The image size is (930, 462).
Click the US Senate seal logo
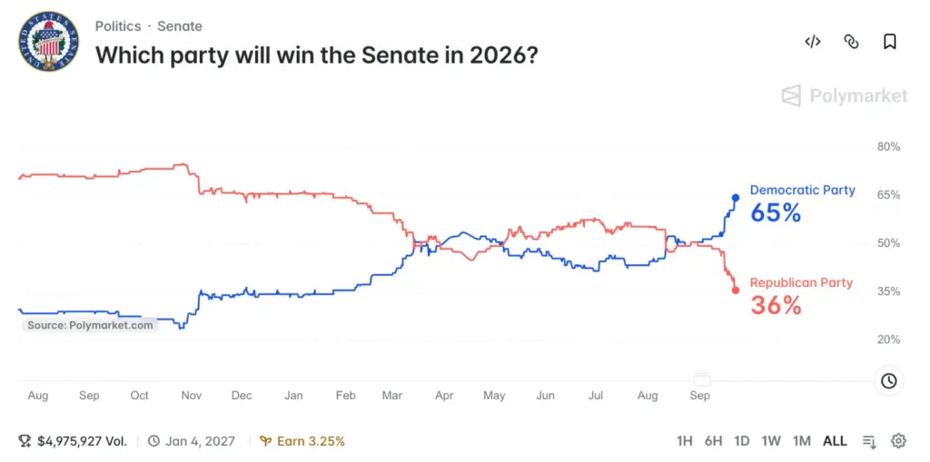point(49,42)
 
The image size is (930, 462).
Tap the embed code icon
point(813,42)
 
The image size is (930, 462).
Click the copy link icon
point(851,42)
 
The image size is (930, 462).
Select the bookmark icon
point(890,42)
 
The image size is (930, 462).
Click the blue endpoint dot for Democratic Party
point(736,198)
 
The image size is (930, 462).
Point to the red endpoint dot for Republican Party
point(736,290)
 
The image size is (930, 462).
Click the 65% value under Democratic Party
point(776,213)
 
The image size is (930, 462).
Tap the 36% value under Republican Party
point(776,306)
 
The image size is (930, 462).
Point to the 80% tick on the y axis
point(888,147)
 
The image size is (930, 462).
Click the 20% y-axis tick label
point(888,339)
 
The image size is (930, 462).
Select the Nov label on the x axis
point(191,396)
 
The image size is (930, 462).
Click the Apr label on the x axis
point(444,396)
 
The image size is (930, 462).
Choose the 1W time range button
point(771,441)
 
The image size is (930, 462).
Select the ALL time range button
point(836,441)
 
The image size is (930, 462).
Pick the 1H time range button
point(685,441)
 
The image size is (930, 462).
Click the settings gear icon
point(898,441)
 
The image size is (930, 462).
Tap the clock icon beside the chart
point(888,380)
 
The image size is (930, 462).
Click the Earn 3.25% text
point(302,441)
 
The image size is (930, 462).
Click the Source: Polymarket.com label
point(90,325)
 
